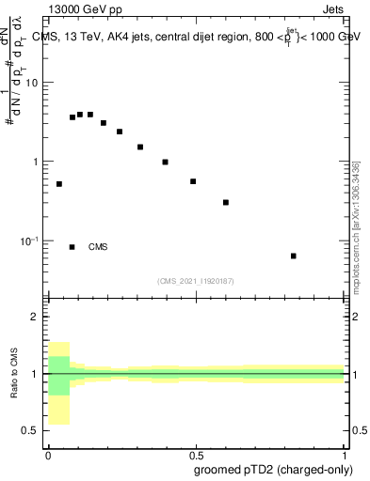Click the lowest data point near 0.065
point(294,256)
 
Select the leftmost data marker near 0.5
point(59,184)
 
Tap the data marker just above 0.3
point(226,202)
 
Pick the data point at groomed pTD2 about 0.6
point(226,202)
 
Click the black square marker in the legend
point(72,247)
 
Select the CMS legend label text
point(98,247)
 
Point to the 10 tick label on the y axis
point(33,83)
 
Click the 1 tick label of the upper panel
point(37,162)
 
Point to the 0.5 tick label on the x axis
point(195,454)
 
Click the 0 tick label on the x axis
point(48,454)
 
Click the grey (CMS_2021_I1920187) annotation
point(196,280)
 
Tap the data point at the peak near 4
point(81,114)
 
